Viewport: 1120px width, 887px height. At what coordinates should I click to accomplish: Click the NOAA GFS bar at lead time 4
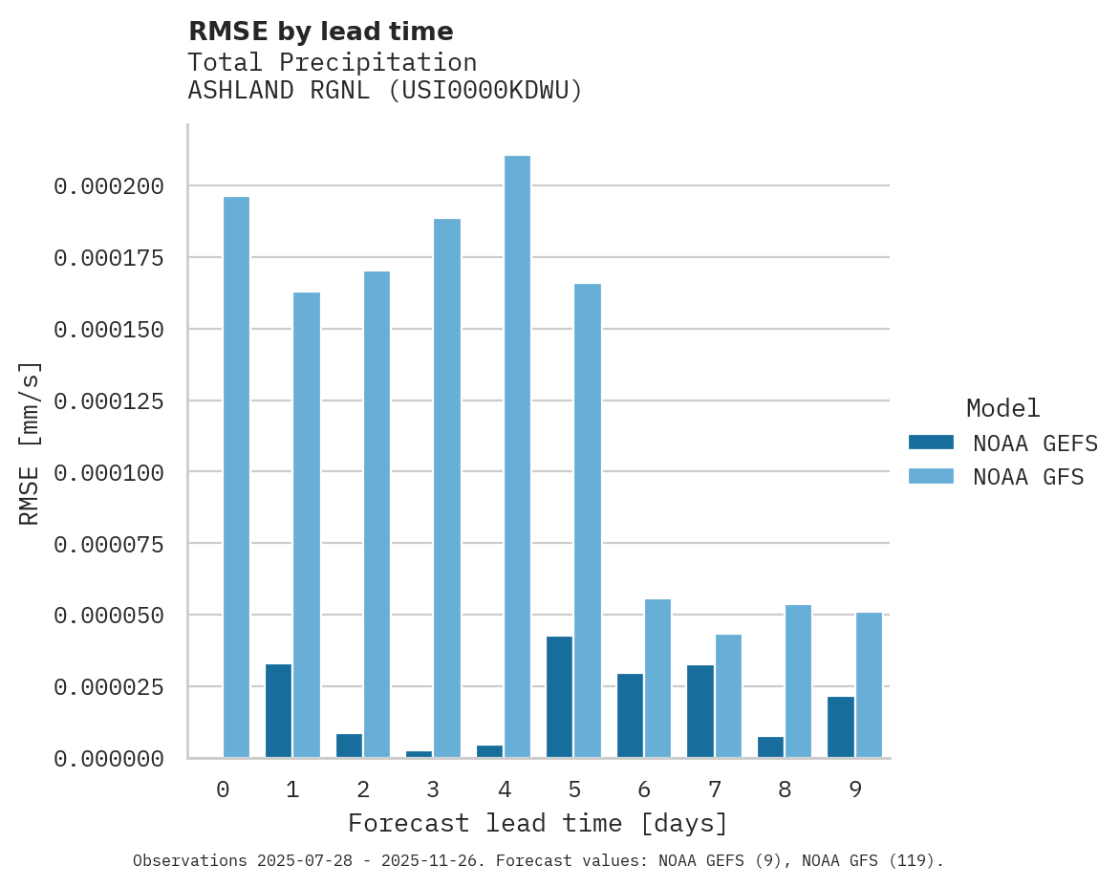click(517, 457)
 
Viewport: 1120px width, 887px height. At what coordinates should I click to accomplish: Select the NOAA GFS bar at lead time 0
click(236, 477)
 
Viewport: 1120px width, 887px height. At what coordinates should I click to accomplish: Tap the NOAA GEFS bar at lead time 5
click(559, 697)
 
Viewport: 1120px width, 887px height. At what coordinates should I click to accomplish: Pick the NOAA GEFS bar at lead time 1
click(278, 711)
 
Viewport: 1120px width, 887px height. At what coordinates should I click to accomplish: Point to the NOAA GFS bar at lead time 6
click(657, 679)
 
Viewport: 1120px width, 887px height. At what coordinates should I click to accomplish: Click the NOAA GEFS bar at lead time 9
click(841, 727)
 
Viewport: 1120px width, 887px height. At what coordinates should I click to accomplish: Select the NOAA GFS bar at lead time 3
click(447, 488)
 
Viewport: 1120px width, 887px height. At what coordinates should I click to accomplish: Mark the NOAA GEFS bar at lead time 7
click(700, 711)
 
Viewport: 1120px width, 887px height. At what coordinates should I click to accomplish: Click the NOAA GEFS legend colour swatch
click(931, 443)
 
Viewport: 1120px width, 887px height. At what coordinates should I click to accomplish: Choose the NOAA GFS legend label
click(1028, 476)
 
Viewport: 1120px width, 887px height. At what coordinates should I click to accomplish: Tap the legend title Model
click(1002, 409)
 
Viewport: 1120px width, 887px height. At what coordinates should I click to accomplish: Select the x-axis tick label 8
click(785, 790)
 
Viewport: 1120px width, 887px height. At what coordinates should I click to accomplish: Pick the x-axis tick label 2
click(362, 790)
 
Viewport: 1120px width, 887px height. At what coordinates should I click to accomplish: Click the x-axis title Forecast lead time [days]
click(538, 823)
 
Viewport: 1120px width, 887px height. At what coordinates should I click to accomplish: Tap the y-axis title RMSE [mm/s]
click(30, 443)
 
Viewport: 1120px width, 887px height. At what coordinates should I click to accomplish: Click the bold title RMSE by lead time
click(321, 32)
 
